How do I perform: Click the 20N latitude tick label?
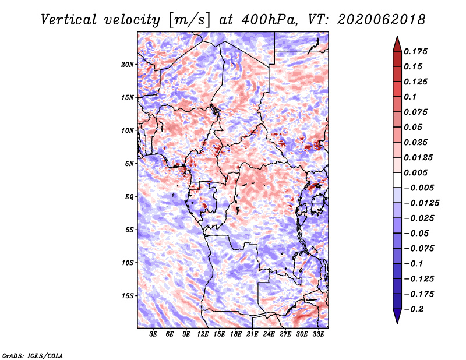click(x=128, y=65)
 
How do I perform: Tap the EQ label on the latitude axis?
click(x=129, y=197)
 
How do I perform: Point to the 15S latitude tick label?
click(x=128, y=296)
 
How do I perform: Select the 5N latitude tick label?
click(x=129, y=164)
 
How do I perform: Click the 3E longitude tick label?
click(x=153, y=334)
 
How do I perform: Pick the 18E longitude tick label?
click(x=236, y=334)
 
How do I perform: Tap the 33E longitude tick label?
click(x=318, y=334)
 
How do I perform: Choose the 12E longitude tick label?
click(x=203, y=334)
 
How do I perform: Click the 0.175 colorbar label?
click(x=415, y=51)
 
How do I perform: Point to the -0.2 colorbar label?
click(x=414, y=309)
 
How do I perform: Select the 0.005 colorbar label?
click(x=415, y=172)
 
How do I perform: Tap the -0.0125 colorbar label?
click(x=421, y=203)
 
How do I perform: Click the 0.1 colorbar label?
click(x=410, y=97)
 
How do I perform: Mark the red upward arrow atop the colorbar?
click(x=397, y=44)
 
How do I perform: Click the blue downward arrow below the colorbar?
click(x=397, y=316)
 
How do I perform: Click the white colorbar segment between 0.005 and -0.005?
click(x=397, y=180)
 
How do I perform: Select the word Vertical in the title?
click(x=69, y=20)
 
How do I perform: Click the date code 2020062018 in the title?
click(x=381, y=20)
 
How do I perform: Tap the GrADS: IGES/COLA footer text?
click(x=33, y=355)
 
